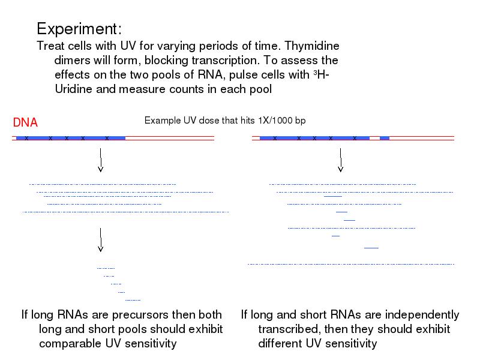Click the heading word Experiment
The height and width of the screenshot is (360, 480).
[79, 29]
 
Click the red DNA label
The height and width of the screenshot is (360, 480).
[25, 123]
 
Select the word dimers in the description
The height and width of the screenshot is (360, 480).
[72, 61]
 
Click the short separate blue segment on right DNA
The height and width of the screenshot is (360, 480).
[385, 139]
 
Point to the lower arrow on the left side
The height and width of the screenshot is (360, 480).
[101, 239]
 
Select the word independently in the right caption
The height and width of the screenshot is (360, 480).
[421, 315]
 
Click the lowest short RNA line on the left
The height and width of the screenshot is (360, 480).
[133, 299]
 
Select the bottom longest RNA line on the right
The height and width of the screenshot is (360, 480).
[351, 264]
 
